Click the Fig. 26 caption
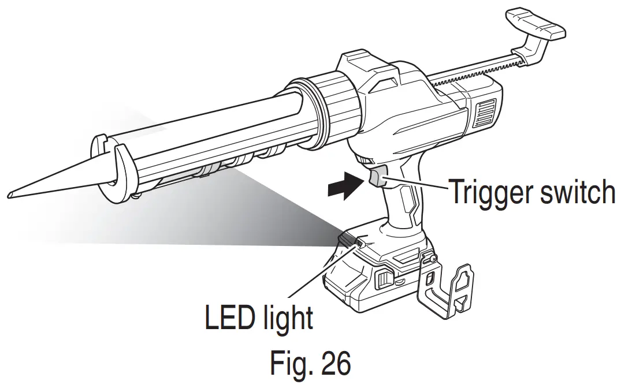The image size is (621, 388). pos(310,363)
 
